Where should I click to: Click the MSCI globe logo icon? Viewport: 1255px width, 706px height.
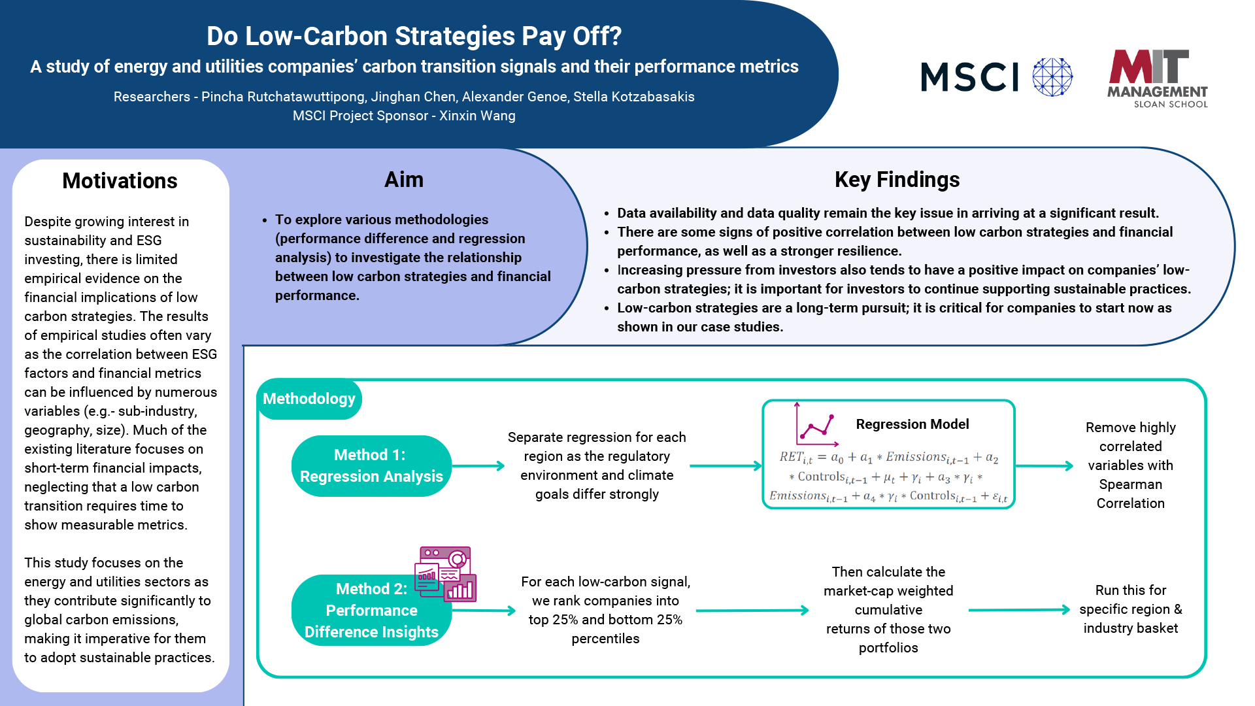[x=1052, y=77]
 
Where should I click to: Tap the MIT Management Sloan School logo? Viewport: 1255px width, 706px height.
[x=1158, y=78]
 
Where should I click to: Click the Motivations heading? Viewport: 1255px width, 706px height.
[x=120, y=180]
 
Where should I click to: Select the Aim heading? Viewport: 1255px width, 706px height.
[x=404, y=179]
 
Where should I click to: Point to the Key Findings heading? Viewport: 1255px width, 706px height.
[x=897, y=179]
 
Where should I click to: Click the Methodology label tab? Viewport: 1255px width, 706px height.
[x=309, y=399]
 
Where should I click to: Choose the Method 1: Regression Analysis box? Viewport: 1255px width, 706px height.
[x=371, y=466]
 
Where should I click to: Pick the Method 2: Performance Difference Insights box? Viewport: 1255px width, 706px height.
[x=371, y=610]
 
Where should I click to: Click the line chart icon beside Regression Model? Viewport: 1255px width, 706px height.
[x=816, y=425]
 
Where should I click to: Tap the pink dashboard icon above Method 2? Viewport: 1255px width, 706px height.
[x=445, y=574]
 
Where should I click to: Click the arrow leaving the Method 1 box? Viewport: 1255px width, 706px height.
[x=478, y=466]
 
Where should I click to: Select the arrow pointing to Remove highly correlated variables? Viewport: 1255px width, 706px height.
[x=1045, y=466]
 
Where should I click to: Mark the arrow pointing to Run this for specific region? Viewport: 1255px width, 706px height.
[x=1020, y=610]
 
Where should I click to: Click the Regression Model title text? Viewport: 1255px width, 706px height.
[x=912, y=424]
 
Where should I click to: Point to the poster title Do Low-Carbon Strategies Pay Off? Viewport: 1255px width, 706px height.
[x=414, y=36]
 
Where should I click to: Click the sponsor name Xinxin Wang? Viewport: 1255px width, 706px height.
[x=477, y=116]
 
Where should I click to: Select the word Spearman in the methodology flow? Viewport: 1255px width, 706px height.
[x=1131, y=484]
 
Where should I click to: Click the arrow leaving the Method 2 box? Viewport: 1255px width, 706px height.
[x=484, y=611]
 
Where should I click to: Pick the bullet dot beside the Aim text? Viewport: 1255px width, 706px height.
[x=265, y=220]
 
